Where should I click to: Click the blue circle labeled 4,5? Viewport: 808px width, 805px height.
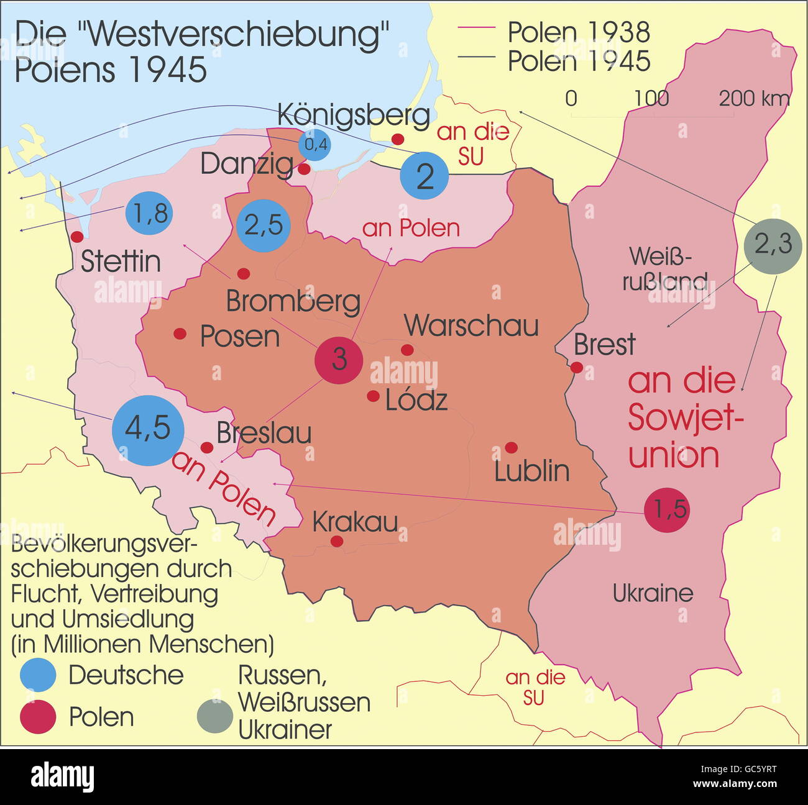coord(149,430)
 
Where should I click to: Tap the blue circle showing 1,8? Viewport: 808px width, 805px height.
coord(149,214)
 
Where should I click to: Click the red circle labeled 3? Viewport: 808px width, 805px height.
coord(339,360)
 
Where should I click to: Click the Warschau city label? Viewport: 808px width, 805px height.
coord(471,326)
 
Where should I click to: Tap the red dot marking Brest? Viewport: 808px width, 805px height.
coord(577,367)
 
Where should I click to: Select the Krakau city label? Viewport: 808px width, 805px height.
coord(355,522)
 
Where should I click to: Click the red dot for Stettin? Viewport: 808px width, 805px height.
coord(77,237)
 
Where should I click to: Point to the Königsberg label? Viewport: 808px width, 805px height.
coord(353,115)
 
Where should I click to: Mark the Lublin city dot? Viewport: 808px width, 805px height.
coord(511,447)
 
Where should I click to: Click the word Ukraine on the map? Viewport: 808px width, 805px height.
coord(653,593)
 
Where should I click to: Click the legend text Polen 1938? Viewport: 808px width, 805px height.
coord(578,32)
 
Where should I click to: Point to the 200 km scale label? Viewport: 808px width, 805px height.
coord(755,99)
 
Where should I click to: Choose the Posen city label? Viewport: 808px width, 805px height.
coord(240,337)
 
